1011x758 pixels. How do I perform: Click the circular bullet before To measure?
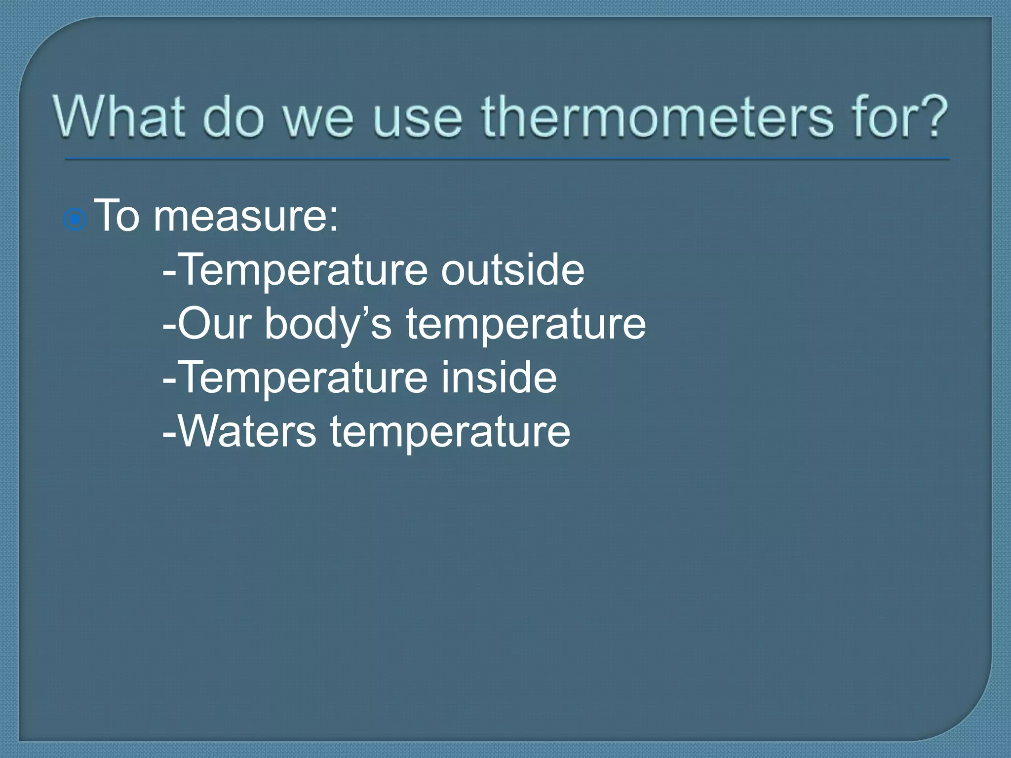tap(75, 219)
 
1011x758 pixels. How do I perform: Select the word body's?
tap(328, 325)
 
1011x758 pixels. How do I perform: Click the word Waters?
tap(247, 431)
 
